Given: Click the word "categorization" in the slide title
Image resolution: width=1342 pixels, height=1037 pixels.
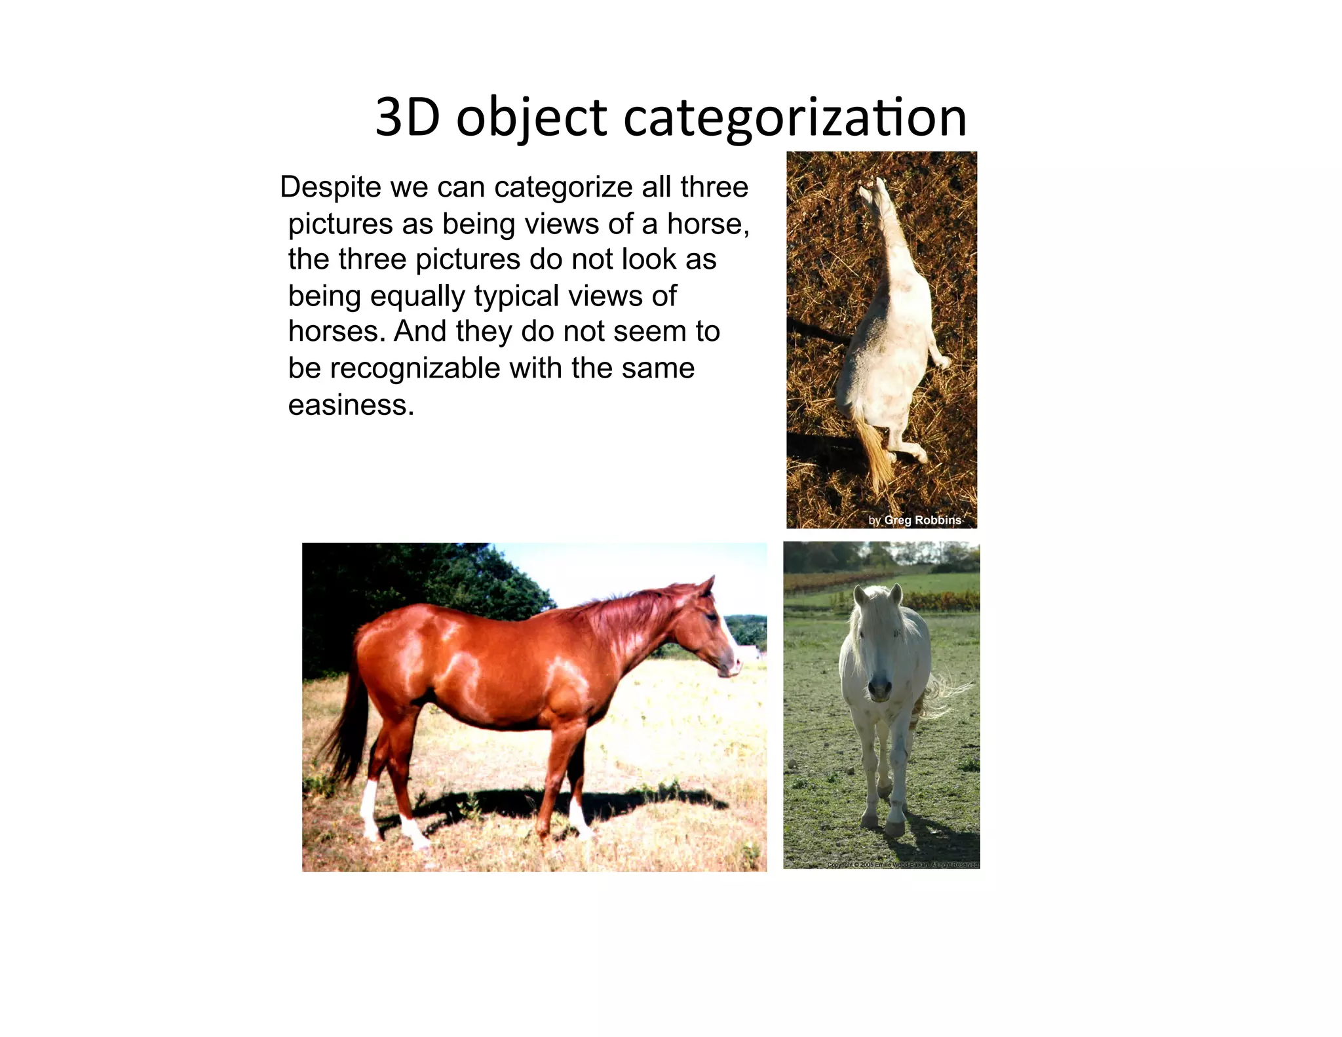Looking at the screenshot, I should (x=794, y=118).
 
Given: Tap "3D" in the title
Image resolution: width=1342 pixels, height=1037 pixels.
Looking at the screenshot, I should (x=407, y=118).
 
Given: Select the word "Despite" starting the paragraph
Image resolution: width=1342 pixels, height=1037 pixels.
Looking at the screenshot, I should (x=330, y=187).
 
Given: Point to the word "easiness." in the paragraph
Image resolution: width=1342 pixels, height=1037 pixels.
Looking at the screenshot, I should (x=351, y=405).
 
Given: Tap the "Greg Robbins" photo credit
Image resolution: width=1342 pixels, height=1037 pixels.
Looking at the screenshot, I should (x=922, y=520).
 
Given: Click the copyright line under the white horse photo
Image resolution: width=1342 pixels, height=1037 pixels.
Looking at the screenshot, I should (x=902, y=865).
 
